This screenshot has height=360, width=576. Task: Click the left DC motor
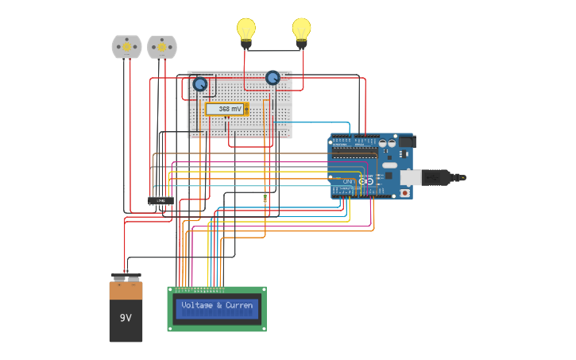pos(126,47)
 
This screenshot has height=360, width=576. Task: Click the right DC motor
pos(162,47)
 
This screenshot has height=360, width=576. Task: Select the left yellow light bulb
pos(246,30)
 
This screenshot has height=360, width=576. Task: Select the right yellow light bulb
pos(301,30)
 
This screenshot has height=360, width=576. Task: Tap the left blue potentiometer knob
pos(200,84)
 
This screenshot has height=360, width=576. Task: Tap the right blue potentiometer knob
pos(273,77)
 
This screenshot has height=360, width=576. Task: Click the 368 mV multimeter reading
pos(226,109)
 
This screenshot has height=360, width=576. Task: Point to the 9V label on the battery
pos(126,318)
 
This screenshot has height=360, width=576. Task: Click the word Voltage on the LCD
pos(196,305)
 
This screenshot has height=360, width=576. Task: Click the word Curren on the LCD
pos(239,305)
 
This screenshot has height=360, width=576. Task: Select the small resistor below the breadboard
pos(265,197)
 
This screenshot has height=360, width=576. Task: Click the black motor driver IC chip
pos(160,200)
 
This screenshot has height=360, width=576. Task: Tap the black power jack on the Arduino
pos(406,142)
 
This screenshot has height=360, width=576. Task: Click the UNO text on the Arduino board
pos(347,182)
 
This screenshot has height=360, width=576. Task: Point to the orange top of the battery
pos(126,290)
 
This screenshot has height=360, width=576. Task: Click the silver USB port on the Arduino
pos(411,177)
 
